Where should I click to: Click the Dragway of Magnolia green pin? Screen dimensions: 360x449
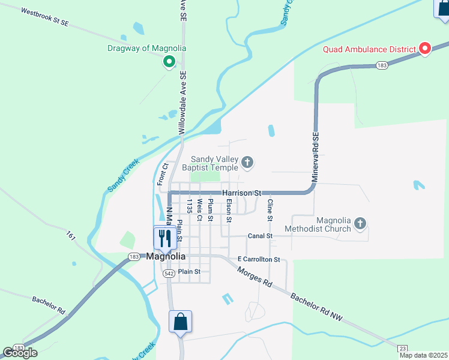[169, 61]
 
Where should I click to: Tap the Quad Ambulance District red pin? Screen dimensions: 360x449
[425, 49]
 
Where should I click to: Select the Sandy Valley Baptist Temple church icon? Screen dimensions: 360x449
[247, 162]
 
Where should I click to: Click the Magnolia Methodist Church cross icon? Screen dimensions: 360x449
[360, 224]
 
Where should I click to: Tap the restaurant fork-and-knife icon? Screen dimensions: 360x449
[163, 238]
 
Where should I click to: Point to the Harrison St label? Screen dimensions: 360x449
[242, 193]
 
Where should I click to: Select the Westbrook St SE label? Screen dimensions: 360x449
[46, 17]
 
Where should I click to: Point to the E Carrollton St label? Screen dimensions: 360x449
[259, 259]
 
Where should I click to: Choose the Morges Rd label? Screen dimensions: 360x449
[255, 277]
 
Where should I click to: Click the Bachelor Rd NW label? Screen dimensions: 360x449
[315, 307]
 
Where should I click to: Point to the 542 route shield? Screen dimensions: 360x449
[169, 274]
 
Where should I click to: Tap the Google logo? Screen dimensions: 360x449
[20, 352]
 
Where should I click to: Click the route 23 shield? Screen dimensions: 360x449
[403, 348]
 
